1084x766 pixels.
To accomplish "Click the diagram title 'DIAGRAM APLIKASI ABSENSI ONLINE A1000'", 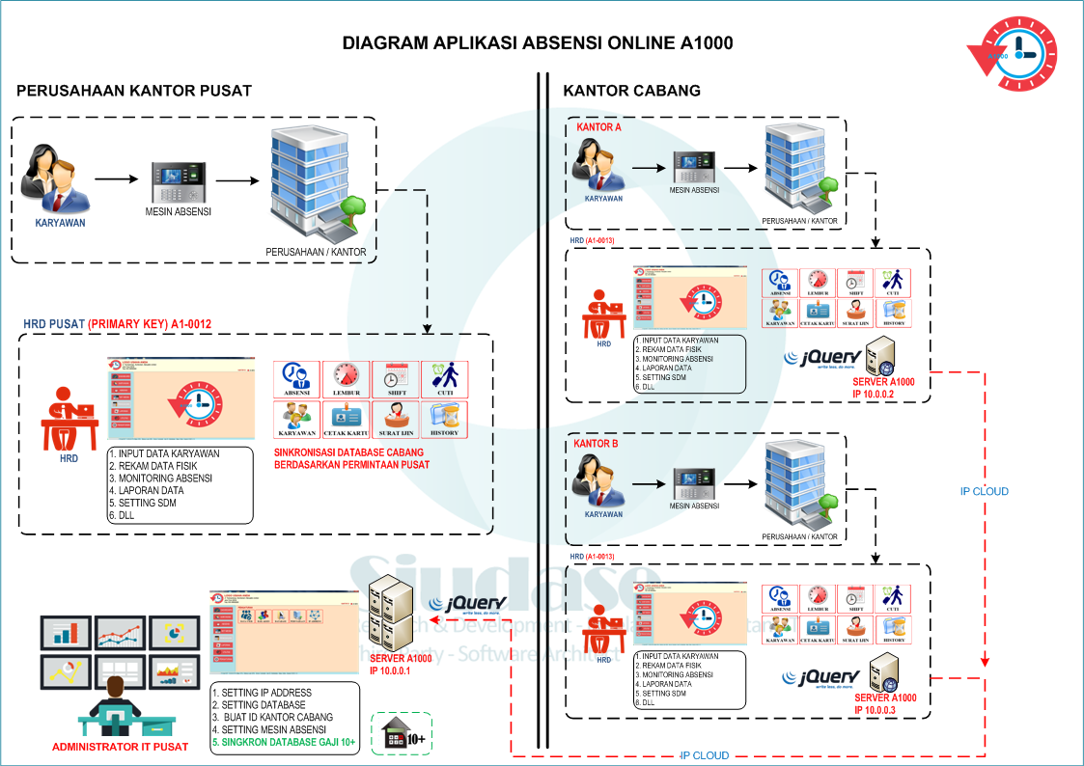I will click(x=538, y=43).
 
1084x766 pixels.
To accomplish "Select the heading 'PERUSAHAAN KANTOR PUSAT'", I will click(x=134, y=91).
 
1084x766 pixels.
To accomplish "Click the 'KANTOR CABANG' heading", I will click(x=631, y=91).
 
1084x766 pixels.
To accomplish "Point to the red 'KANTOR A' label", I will click(x=598, y=127).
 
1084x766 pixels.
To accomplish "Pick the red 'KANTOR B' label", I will click(x=596, y=444).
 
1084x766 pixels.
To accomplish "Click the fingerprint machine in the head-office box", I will click(x=179, y=180).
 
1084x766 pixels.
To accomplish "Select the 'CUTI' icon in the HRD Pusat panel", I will click(x=444, y=379).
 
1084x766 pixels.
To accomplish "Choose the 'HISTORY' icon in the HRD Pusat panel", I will click(x=444, y=419).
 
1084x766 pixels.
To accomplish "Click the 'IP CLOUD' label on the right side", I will click(x=984, y=491).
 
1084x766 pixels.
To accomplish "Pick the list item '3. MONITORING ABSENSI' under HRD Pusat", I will click(x=160, y=479).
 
